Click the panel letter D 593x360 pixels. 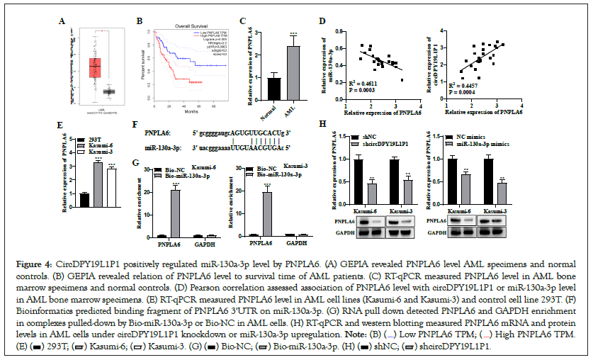322,21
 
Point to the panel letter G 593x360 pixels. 136,164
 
